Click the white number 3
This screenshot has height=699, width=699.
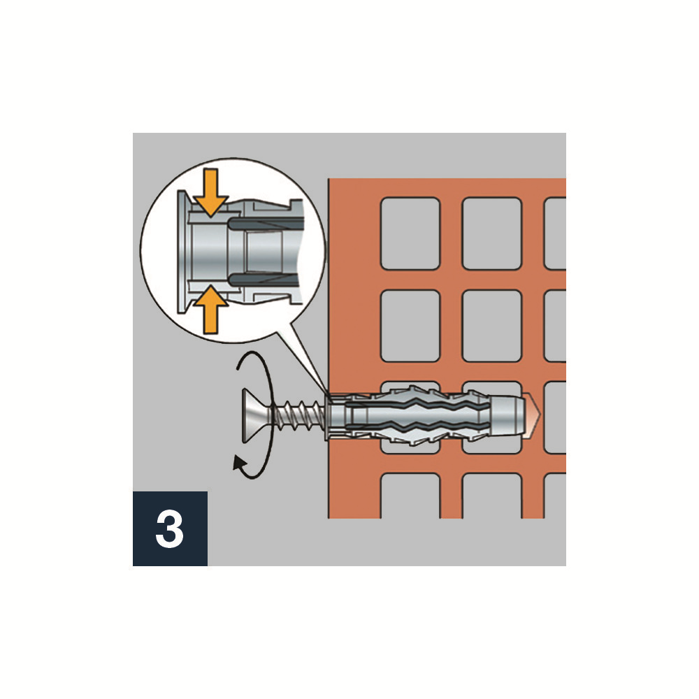pyautogui.click(x=169, y=528)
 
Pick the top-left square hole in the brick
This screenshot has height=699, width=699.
pyautogui.click(x=410, y=233)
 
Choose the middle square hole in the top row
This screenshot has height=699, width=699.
pyautogui.click(x=492, y=233)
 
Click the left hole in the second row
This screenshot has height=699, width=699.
pyautogui.click(x=410, y=326)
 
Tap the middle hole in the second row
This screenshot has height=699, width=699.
pyautogui.click(x=492, y=326)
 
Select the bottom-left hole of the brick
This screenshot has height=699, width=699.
pyautogui.click(x=410, y=496)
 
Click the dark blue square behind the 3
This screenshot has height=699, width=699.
pyautogui.click(x=170, y=528)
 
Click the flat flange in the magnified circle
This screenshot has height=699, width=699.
pyautogui.click(x=182, y=252)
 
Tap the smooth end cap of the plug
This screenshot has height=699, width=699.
pyautogui.click(x=507, y=415)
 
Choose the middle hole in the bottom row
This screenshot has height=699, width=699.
pyautogui.click(x=492, y=496)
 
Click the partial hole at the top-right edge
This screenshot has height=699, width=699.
pyautogui.click(x=556, y=233)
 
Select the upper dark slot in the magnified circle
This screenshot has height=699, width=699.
pyautogui.click(x=263, y=222)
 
